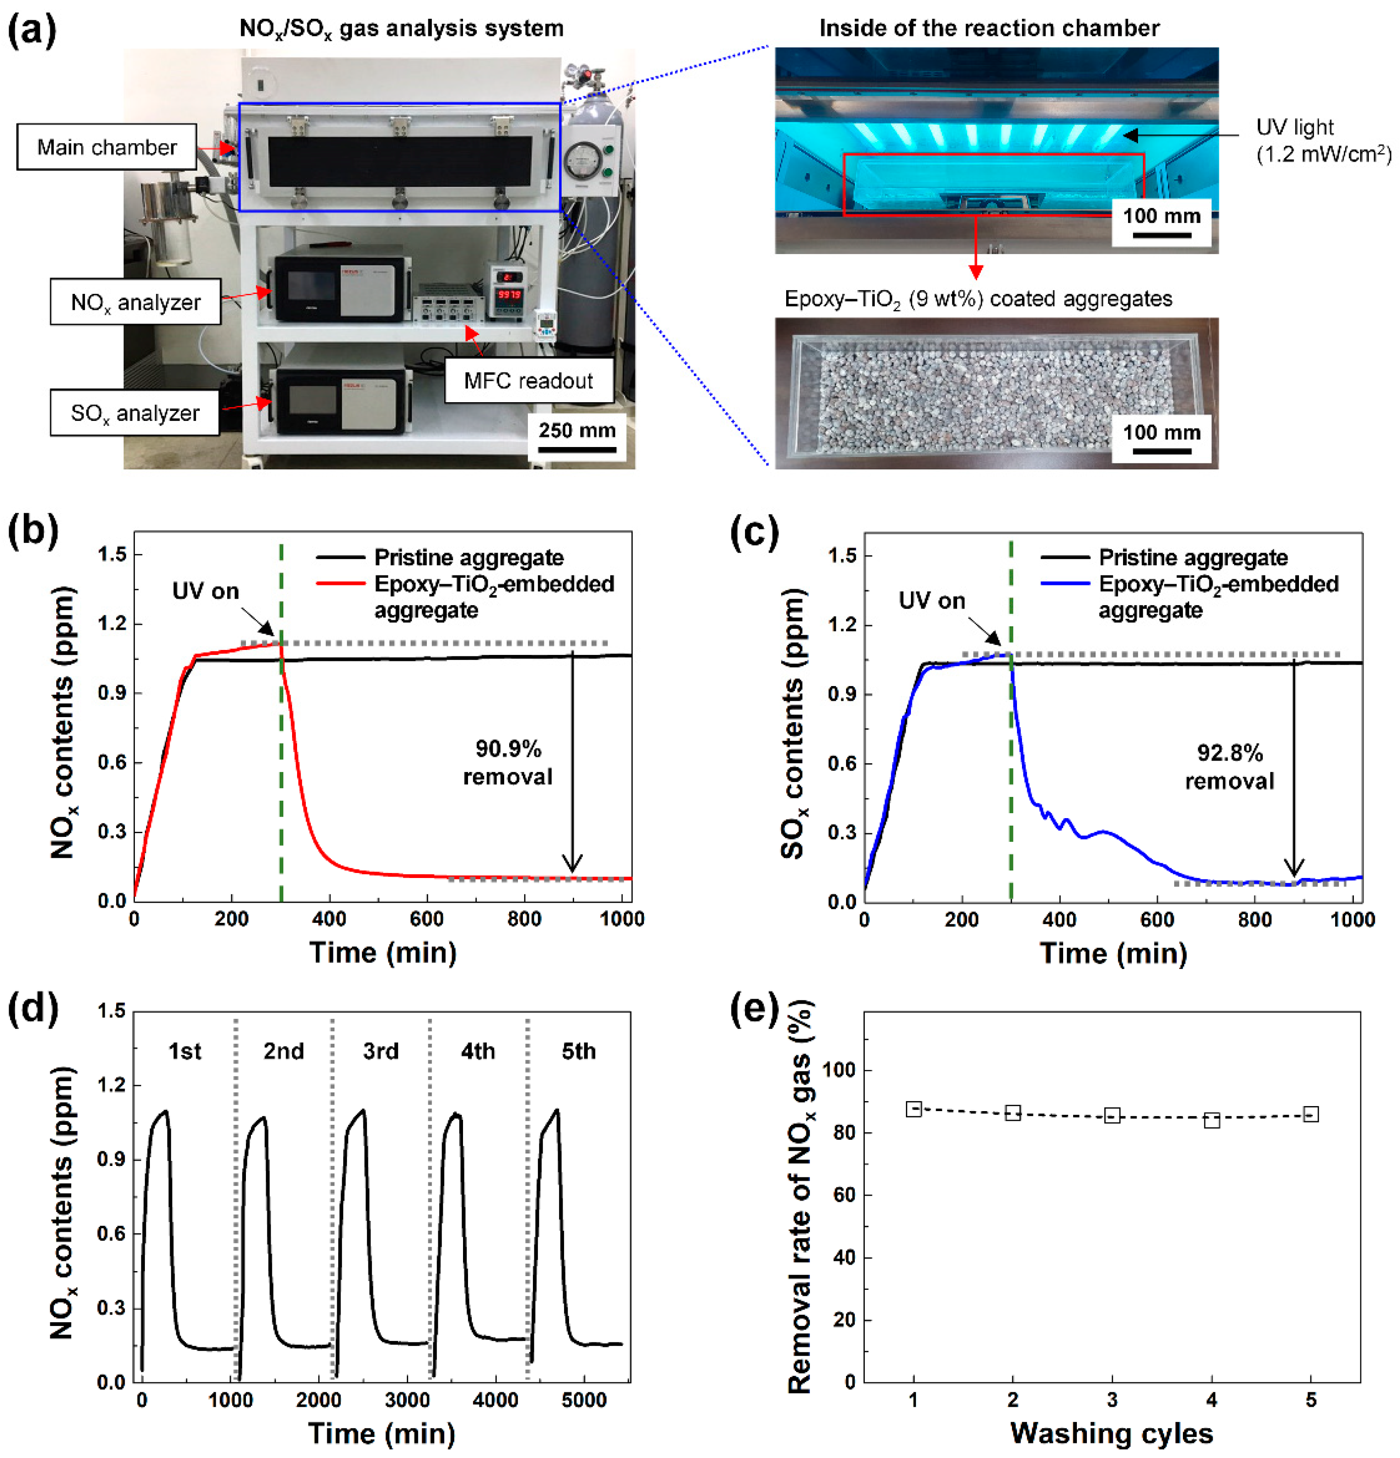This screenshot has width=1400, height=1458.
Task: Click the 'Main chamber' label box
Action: (106, 147)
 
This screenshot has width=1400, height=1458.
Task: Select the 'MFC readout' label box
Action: (528, 381)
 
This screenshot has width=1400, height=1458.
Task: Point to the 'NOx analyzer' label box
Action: (135, 302)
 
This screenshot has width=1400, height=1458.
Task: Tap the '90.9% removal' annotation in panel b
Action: (508, 762)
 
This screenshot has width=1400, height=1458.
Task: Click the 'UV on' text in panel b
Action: (205, 591)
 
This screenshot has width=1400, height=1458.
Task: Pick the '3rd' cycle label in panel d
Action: (381, 1051)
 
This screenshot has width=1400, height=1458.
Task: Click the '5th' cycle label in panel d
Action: (579, 1051)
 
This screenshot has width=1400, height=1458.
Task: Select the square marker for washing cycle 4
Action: (1212, 1119)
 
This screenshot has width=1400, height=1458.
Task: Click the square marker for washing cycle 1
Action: (914, 1108)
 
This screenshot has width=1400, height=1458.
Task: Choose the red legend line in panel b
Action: (340, 584)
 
